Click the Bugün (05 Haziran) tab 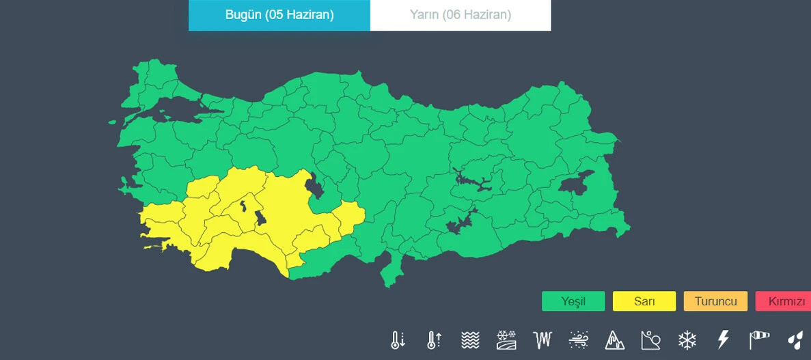pyautogui.click(x=279, y=15)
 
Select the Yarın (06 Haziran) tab pyautogui.click(x=461, y=15)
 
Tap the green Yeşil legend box pyautogui.click(x=573, y=301)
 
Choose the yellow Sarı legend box pyautogui.click(x=644, y=301)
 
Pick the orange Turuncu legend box pyautogui.click(x=715, y=301)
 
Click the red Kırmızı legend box pyautogui.click(x=785, y=301)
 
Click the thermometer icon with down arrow pyautogui.click(x=398, y=340)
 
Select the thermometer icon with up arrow pyautogui.click(x=433, y=340)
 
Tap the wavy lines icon pyautogui.click(x=469, y=340)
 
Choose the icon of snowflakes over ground pyautogui.click(x=506, y=340)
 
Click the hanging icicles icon pyautogui.click(x=542, y=340)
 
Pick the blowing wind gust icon pyautogui.click(x=578, y=340)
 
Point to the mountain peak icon pyautogui.click(x=614, y=340)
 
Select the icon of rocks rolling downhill pyautogui.click(x=650, y=340)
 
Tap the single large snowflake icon pyautogui.click(x=687, y=340)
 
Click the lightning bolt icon pyautogui.click(x=723, y=340)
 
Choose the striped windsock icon pyautogui.click(x=759, y=340)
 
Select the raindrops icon pyautogui.click(x=795, y=340)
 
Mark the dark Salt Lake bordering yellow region pyautogui.click(x=315, y=185)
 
